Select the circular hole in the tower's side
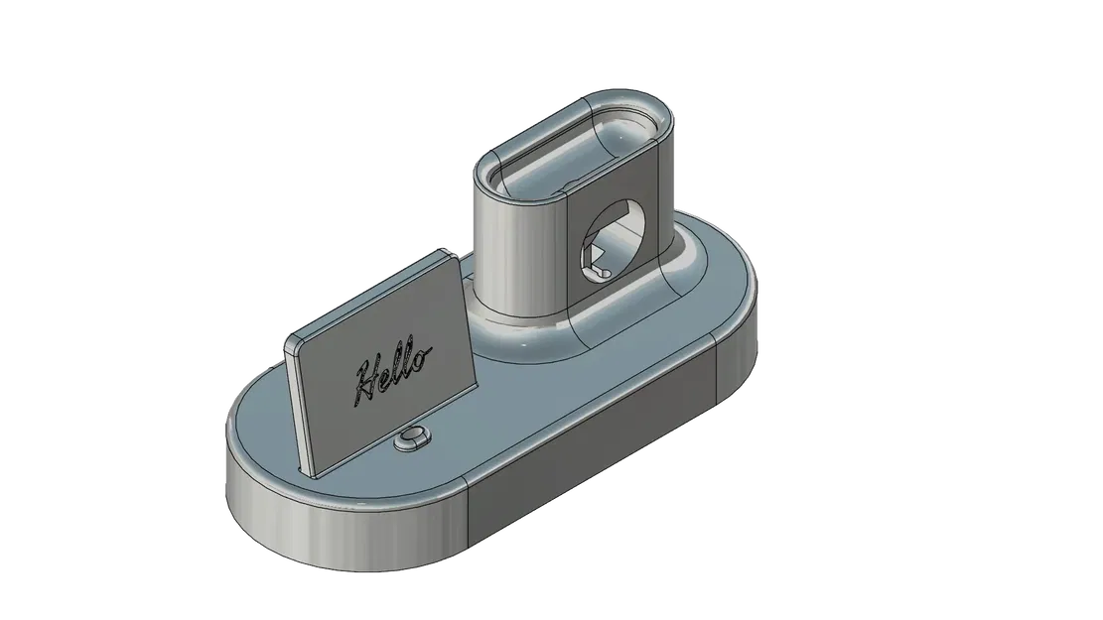click(x=610, y=242)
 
